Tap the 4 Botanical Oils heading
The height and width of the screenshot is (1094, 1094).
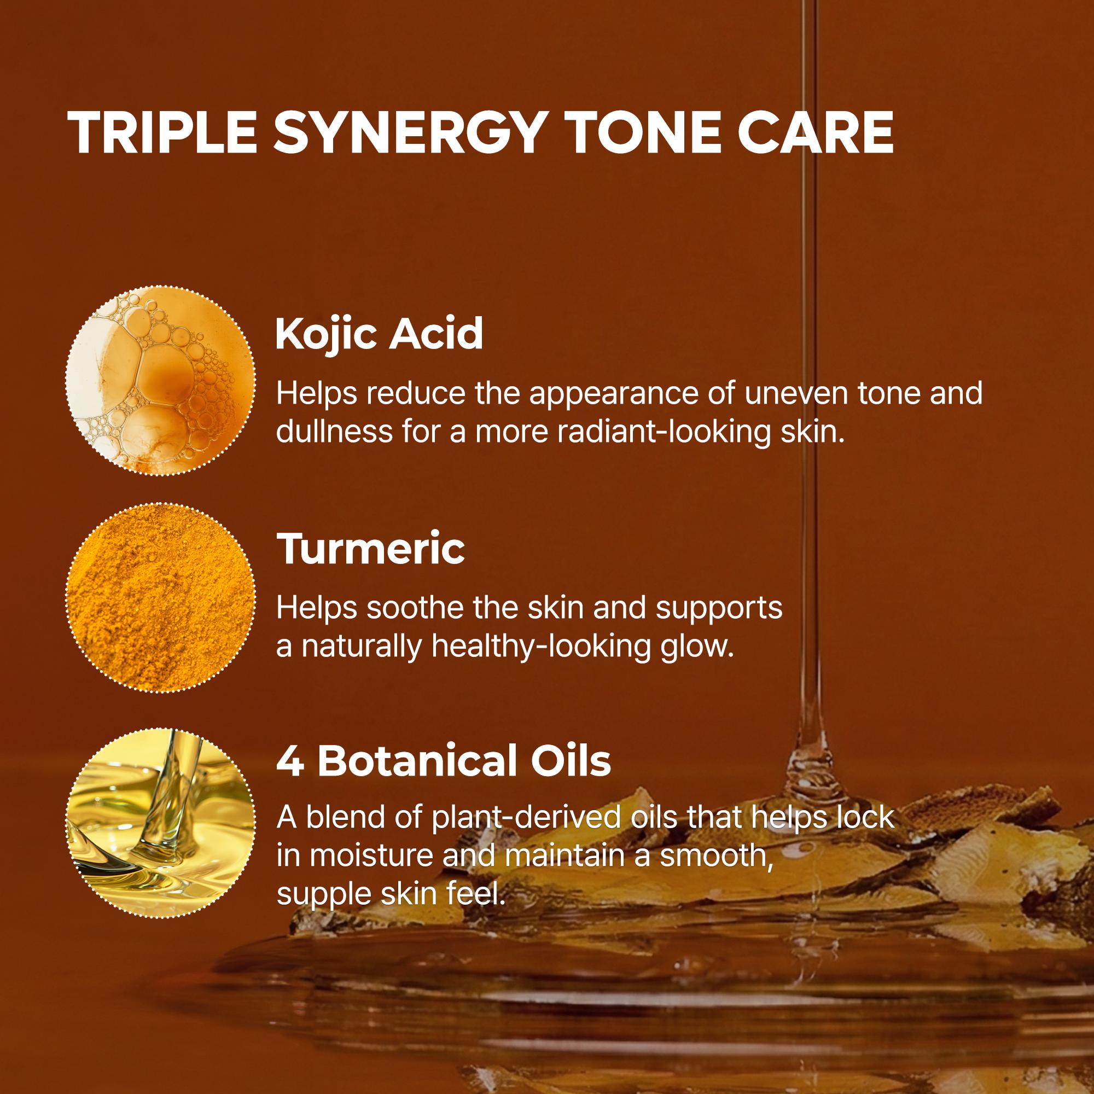(x=444, y=762)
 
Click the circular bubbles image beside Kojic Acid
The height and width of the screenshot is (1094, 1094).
(x=161, y=380)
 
